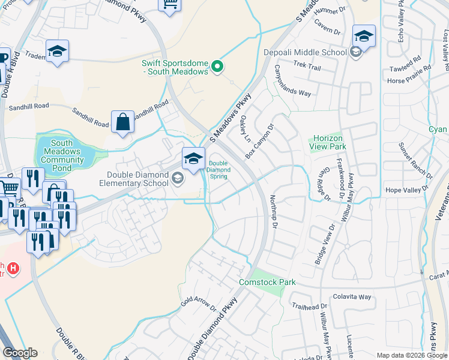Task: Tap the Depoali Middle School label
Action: click(x=305, y=52)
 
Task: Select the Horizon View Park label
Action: click(x=328, y=142)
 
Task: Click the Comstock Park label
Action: click(x=264, y=281)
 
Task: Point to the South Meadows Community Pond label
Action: click(x=66, y=152)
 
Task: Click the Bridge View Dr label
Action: click(x=324, y=244)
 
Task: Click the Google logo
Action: click(x=20, y=353)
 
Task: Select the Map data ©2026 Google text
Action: click(x=411, y=355)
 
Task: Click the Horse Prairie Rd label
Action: click(x=409, y=80)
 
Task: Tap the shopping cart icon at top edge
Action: click(x=169, y=5)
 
